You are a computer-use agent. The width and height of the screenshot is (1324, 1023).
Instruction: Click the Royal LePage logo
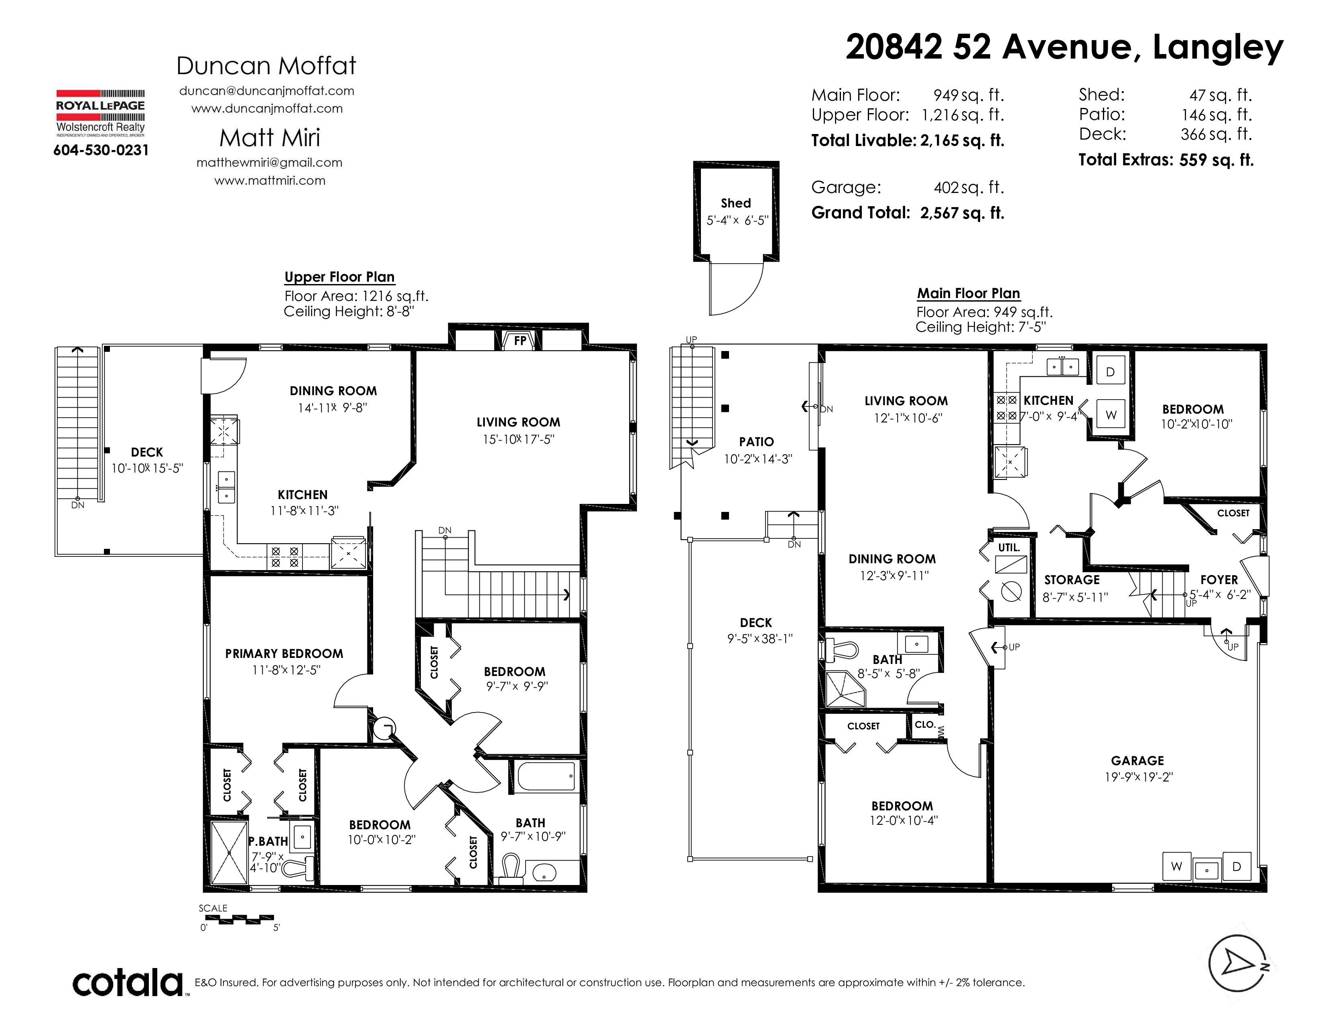pyautogui.click(x=101, y=113)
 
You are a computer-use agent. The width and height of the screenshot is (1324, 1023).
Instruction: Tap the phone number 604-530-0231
pyautogui.click(x=101, y=150)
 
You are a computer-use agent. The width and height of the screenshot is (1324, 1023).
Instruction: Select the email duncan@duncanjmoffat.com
pyautogui.click(x=267, y=91)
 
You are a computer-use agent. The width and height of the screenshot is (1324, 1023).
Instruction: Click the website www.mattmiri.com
pyautogui.click(x=270, y=181)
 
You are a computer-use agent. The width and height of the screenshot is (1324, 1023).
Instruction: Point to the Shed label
pyautogui.click(x=736, y=203)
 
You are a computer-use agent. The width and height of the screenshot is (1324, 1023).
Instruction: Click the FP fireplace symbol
pyautogui.click(x=520, y=341)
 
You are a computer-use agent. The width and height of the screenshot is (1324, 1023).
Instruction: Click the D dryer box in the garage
pyautogui.click(x=1237, y=867)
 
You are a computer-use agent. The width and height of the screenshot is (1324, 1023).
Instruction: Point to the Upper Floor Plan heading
pyautogui.click(x=339, y=277)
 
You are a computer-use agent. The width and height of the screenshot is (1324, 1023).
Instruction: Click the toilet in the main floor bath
pyautogui.click(x=841, y=650)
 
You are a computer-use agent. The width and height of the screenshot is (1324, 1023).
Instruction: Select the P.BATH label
pyautogui.click(x=268, y=841)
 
